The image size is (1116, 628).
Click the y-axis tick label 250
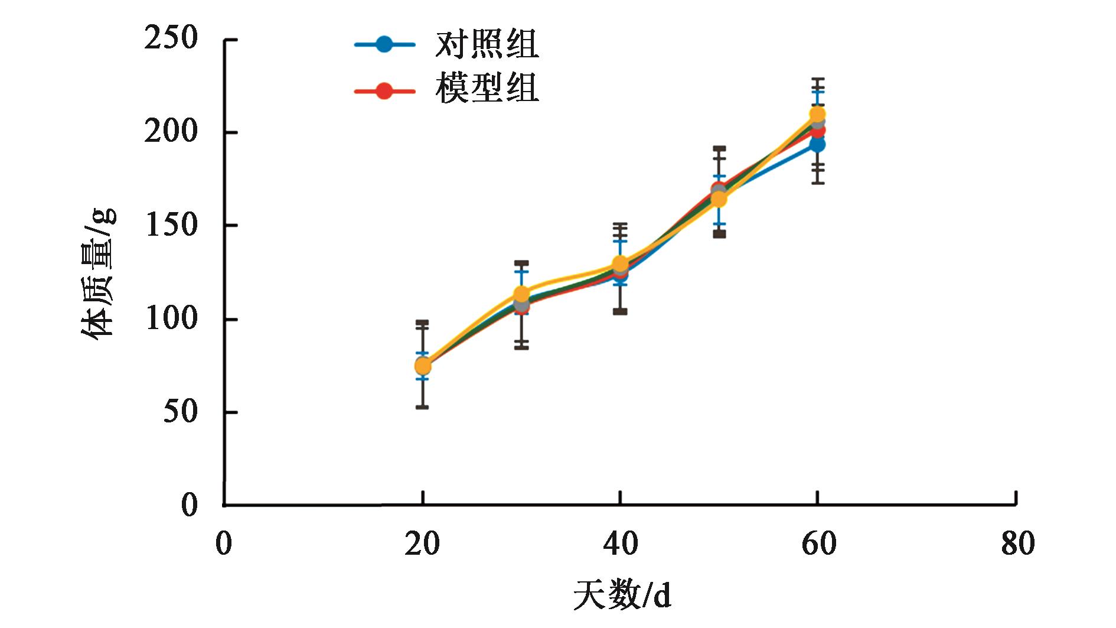tap(171, 39)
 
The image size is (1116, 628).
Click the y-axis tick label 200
tap(171, 132)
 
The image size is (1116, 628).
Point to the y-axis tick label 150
tap(171, 226)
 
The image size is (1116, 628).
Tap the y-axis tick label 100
tap(171, 319)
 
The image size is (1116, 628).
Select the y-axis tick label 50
tap(180, 412)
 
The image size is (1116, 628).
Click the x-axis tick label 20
tap(422, 544)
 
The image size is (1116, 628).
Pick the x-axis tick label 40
tap(620, 544)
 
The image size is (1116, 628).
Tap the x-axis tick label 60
tap(818, 544)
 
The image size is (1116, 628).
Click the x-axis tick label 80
tap(1017, 544)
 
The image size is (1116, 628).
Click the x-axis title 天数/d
tap(622, 596)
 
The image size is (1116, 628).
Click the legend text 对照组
tap(487, 45)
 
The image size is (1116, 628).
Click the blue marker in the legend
tap(384, 44)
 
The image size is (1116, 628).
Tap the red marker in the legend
tap(384, 91)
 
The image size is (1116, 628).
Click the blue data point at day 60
tap(817, 144)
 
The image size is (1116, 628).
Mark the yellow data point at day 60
tap(817, 114)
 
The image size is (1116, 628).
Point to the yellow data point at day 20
tap(423, 366)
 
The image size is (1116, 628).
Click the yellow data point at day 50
tap(719, 199)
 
